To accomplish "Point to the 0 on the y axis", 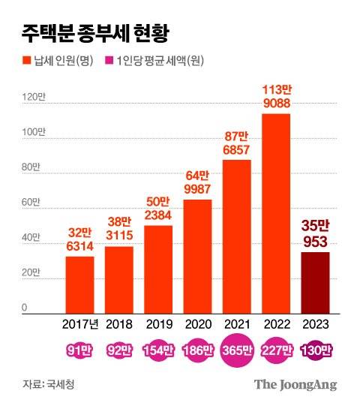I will pyautogui.click(x=24, y=308).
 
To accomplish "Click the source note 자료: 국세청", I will pyautogui.click(x=49, y=384).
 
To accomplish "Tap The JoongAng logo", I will pyautogui.click(x=295, y=384).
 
